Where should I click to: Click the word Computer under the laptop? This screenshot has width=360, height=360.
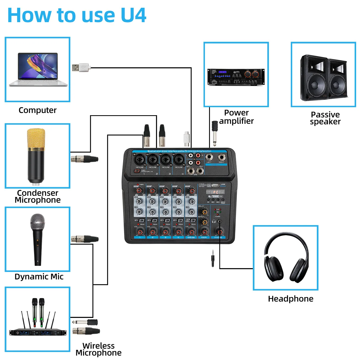[37, 110]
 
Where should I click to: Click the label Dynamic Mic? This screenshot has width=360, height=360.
[39, 277]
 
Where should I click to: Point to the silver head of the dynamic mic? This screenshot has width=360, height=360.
[37, 222]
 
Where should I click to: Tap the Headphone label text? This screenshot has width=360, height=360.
[290, 299]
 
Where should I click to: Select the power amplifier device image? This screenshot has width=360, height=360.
[236, 77]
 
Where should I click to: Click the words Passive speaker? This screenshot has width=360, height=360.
[325, 118]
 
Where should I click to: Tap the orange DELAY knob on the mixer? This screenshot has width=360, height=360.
[204, 212]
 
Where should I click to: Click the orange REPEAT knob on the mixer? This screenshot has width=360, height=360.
[204, 222]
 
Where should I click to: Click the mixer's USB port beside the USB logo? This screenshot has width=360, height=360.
[215, 185]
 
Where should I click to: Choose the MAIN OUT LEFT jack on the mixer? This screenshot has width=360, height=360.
[209, 157]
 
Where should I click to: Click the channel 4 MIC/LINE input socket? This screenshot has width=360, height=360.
[178, 160]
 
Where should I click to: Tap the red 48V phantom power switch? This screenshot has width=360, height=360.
[137, 171]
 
